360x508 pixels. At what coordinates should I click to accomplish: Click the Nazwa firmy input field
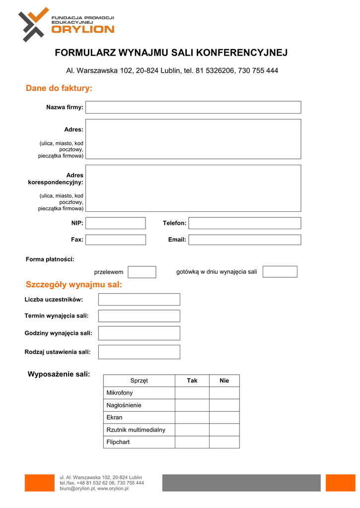[x=193, y=107]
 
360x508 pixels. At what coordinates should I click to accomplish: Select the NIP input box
[x=116, y=223]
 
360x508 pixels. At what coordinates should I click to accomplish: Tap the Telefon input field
[x=245, y=223]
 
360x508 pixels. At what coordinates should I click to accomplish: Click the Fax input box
[x=116, y=240]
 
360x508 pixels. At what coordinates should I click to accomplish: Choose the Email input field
[x=245, y=240]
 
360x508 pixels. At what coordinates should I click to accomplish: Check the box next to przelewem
[x=142, y=272]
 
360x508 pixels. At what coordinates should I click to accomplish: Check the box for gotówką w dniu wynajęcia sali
[x=280, y=272]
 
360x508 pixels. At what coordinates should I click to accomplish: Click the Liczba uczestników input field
[x=139, y=299]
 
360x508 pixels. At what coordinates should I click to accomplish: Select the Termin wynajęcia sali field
[x=139, y=316]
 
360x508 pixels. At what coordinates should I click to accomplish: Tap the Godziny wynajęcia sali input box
[x=139, y=333]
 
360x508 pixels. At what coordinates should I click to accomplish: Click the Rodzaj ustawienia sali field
[x=139, y=352]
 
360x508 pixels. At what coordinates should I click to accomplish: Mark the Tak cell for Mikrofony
[x=192, y=393]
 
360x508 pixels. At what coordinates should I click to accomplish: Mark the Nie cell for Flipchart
[x=224, y=442]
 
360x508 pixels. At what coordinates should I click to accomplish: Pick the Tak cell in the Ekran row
[x=192, y=417]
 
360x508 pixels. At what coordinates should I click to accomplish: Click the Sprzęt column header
[x=139, y=381]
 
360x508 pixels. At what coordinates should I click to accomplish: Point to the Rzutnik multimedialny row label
[x=136, y=430]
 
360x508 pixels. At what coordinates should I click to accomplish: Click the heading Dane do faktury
[x=59, y=88]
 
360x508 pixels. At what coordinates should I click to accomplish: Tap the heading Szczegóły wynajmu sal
[x=73, y=285]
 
